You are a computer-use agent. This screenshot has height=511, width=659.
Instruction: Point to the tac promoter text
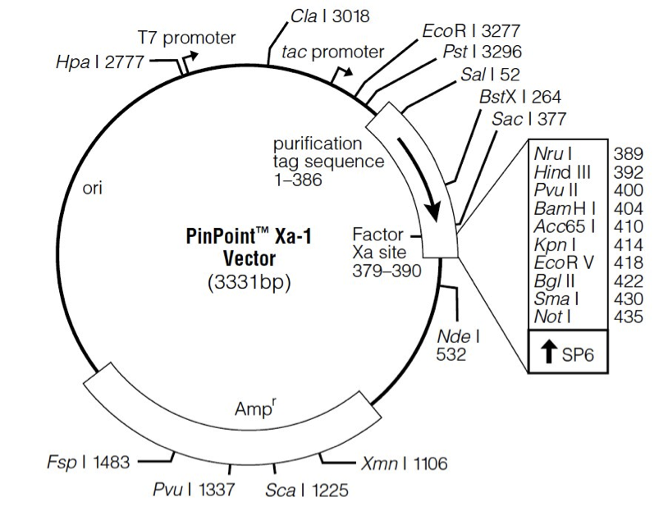tap(332, 52)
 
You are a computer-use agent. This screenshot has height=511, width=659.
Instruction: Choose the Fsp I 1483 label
tap(88, 463)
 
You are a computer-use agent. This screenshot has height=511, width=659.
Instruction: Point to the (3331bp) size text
tap(241, 284)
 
